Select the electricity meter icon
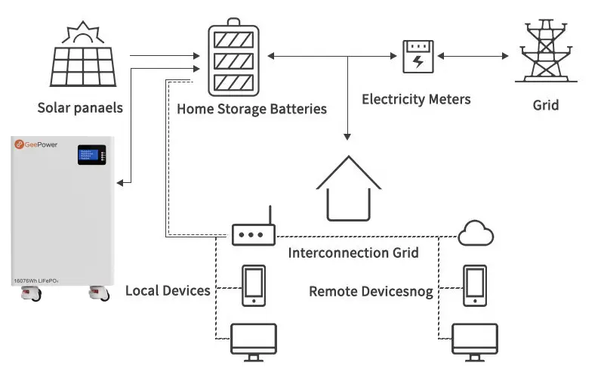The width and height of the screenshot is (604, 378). click(x=416, y=56)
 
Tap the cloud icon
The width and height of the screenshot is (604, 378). click(x=476, y=232)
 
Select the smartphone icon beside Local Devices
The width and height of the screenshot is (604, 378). click(x=252, y=286)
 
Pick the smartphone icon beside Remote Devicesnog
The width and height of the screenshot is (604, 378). click(x=474, y=286)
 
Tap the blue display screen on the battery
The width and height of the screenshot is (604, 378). click(x=88, y=155)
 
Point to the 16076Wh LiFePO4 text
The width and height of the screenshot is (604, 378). click(x=37, y=280)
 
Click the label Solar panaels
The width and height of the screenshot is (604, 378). click(x=80, y=108)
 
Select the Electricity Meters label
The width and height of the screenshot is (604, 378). click(x=416, y=99)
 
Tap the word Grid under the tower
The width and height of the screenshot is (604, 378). click(x=546, y=105)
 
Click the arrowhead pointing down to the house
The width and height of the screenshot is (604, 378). click(x=347, y=136)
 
